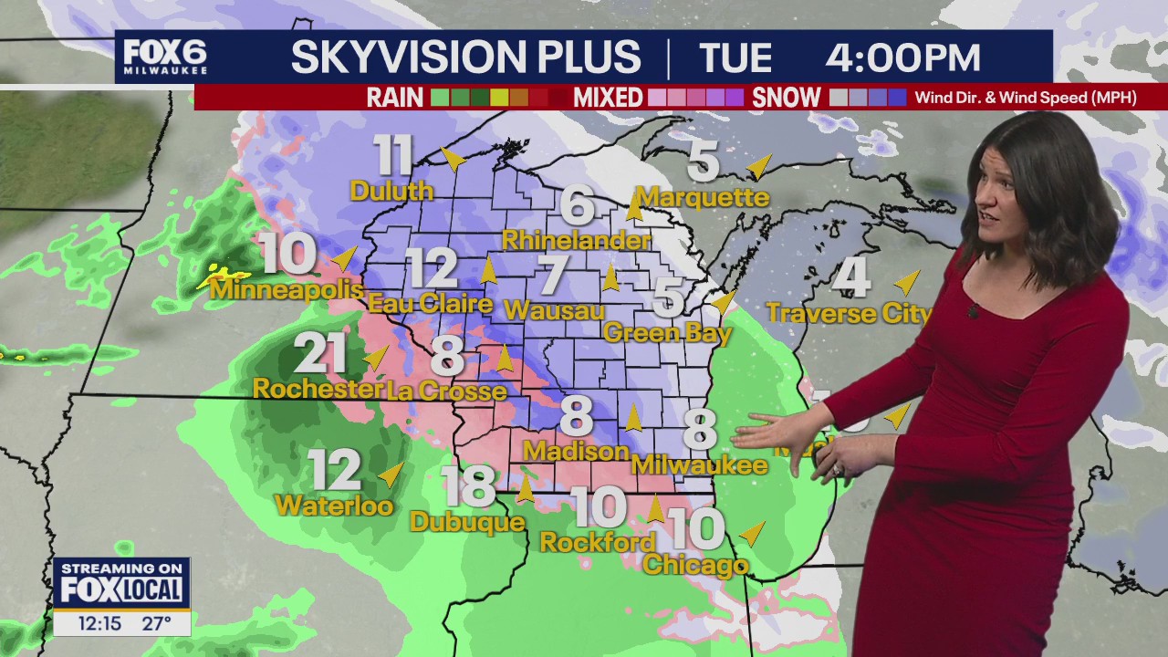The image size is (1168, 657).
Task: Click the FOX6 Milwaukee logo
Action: pos(165,57)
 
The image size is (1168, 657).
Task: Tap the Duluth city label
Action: pos(391,191)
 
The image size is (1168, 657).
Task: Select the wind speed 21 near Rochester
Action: pos(320,353)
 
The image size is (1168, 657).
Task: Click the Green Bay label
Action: pos(668,333)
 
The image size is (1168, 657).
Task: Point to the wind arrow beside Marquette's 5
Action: pos(757,166)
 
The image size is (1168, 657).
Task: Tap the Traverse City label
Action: pos(849,314)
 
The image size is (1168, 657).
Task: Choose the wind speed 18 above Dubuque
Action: pos(468,486)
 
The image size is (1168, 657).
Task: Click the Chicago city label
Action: pos(695,566)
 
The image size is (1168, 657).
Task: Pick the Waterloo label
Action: pos(334,505)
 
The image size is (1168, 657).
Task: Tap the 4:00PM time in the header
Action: pos(902,58)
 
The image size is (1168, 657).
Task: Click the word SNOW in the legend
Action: pos(787,98)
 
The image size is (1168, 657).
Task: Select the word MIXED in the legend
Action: pos(609,98)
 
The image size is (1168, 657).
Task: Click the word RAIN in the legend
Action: pos(394,98)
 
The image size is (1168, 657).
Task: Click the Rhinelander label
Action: pos(577,240)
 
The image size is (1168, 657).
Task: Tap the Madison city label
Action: pos(576,451)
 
